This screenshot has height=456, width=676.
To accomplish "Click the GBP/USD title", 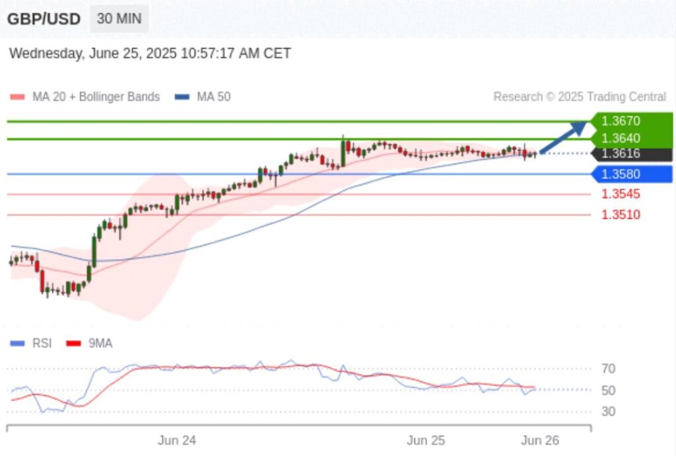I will tap(44, 19).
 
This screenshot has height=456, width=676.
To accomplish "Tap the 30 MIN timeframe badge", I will tap(119, 19).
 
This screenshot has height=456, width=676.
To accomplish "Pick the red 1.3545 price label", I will tap(621, 194).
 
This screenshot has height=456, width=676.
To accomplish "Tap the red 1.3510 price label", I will tap(621, 215).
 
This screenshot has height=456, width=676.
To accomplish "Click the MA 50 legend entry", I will tap(203, 97).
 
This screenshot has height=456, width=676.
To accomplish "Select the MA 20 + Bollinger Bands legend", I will tap(85, 97).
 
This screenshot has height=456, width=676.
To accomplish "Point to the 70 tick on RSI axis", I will tap(608, 369).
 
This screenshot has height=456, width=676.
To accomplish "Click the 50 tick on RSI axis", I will tap(608, 390).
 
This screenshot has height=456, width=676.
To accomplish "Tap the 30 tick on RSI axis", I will tap(608, 412).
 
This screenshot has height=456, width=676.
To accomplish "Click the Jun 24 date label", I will tap(177, 440).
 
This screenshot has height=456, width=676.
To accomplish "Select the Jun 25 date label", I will tap(426, 440).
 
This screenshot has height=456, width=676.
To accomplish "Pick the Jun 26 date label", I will tap(540, 440).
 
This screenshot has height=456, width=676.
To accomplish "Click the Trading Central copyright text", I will tap(580, 97).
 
